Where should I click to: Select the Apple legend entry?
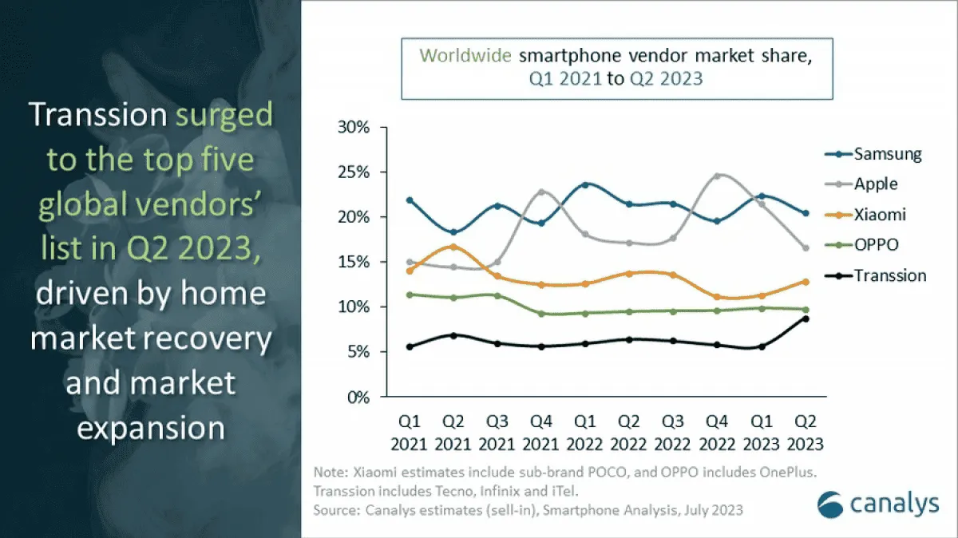coord(875,184)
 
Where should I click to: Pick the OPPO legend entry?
coord(876,245)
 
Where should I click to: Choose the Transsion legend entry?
coord(889,275)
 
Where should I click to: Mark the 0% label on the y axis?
coord(358,398)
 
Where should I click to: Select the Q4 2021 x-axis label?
coord(542,432)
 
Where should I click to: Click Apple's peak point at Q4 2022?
coord(716,176)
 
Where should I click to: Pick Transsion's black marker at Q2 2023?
coord(805,318)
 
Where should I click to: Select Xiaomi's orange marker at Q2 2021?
coord(454,247)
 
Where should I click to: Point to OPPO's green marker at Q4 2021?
coord(542,314)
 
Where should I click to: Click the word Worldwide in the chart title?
coord(466,56)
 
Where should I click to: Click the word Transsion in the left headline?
coord(98,116)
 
